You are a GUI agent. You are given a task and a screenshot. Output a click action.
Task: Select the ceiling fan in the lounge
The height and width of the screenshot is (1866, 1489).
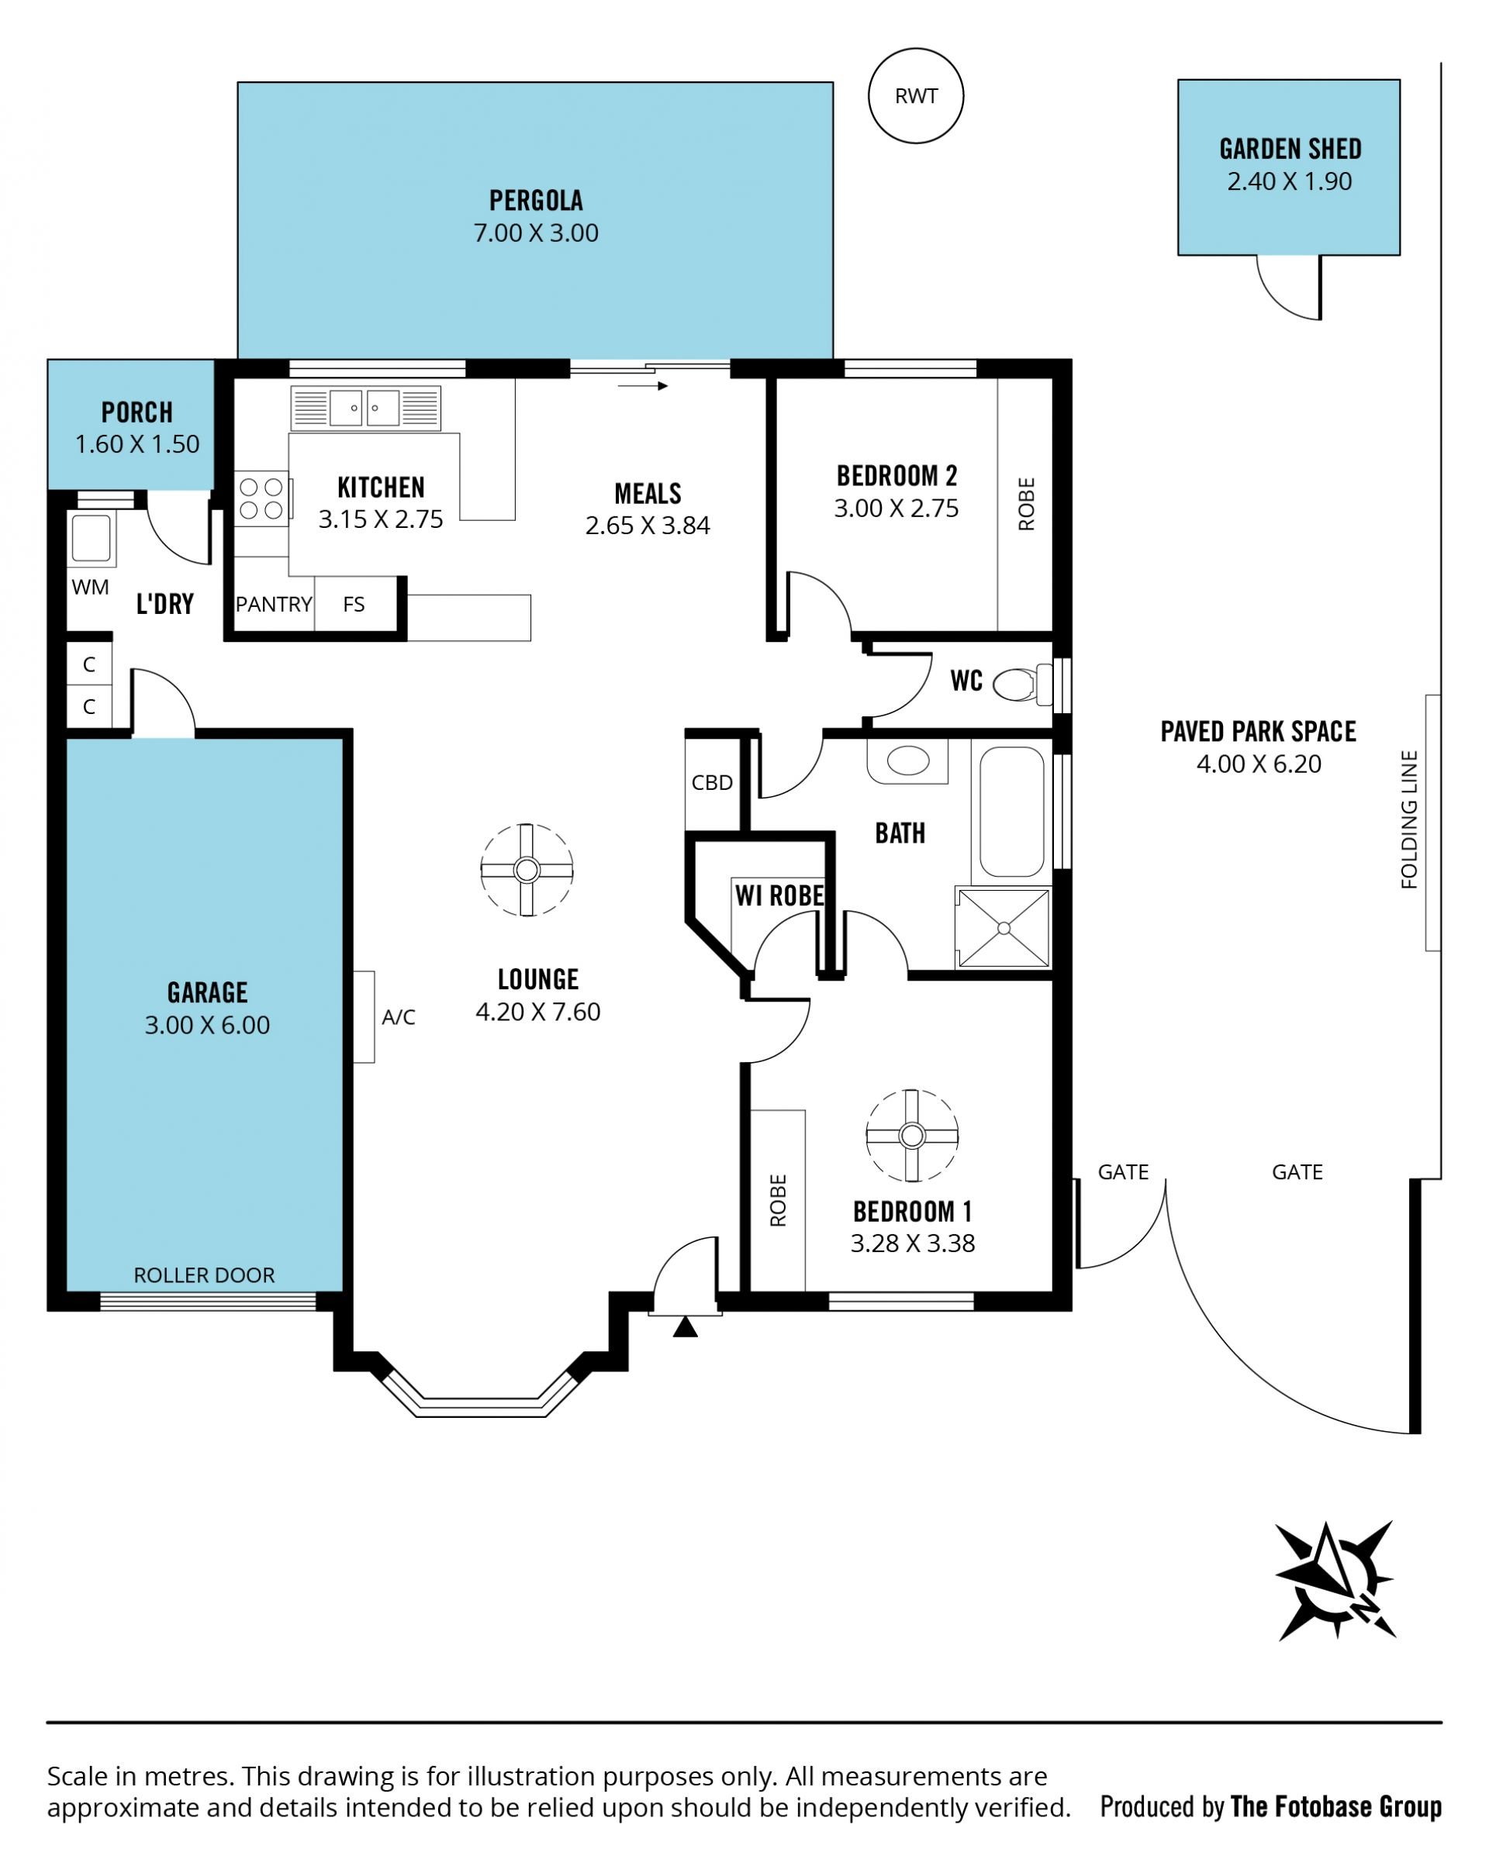527,869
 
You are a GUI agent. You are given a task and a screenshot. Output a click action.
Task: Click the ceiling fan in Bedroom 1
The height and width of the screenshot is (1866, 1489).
911,1135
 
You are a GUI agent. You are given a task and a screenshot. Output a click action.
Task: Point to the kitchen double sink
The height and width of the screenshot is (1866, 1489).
365,408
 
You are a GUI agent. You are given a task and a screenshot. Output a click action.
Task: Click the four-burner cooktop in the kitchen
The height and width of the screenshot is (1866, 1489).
261,498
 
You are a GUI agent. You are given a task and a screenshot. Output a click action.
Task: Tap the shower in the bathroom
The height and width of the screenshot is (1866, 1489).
1004,927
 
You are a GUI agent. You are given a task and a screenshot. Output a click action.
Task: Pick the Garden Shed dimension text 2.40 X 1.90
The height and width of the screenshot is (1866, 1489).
1289,181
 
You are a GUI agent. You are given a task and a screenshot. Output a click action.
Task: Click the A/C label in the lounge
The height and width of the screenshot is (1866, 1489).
398,1017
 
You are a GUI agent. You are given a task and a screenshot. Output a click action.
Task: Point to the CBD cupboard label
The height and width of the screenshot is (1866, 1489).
712,782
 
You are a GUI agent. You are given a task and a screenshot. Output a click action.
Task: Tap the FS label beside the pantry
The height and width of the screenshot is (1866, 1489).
353,604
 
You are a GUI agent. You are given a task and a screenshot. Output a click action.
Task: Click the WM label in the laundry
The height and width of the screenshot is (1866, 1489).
90,587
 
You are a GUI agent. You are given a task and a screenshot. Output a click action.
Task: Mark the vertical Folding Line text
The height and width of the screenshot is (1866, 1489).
1408,819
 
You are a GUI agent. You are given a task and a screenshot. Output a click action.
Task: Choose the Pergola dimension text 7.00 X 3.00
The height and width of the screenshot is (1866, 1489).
535,233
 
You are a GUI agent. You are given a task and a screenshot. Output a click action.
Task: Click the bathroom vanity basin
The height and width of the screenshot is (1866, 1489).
907,761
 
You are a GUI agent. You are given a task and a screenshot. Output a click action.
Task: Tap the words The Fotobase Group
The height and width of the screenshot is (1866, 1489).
1335,1806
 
